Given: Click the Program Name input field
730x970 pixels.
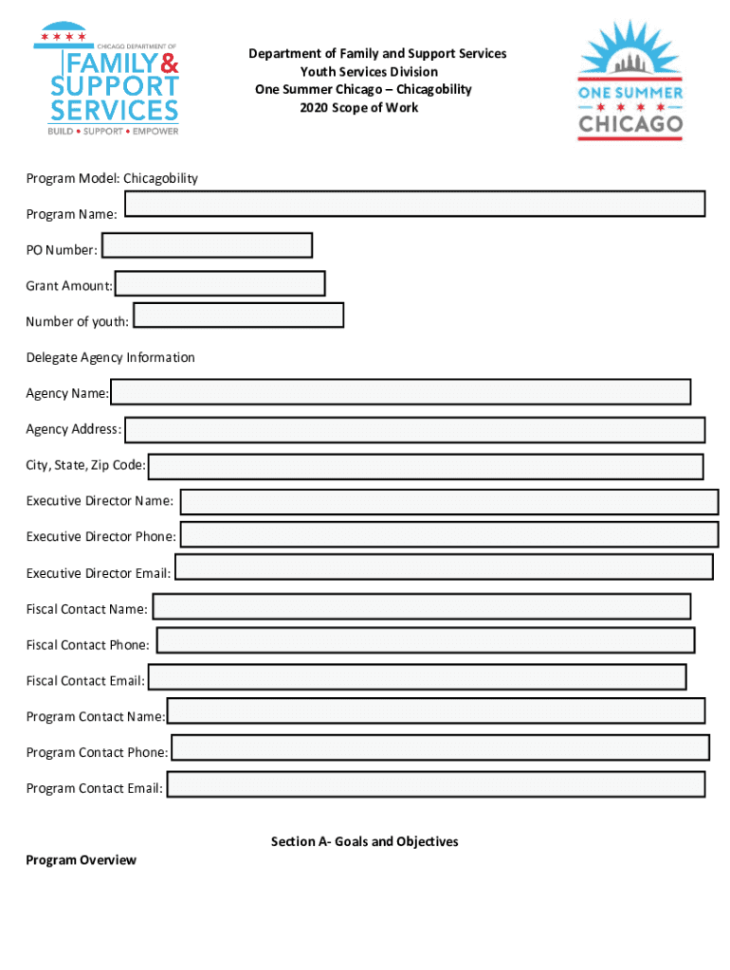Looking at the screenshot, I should click(x=415, y=204).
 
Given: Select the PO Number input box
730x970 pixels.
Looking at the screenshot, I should click(x=207, y=245).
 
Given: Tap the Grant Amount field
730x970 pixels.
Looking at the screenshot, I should click(x=220, y=283).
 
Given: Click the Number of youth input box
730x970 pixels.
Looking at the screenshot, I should click(x=239, y=315).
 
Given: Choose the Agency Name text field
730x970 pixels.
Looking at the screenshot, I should click(x=400, y=392).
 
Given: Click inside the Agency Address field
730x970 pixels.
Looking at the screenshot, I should click(x=415, y=430).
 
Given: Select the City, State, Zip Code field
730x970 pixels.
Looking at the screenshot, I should click(x=426, y=467).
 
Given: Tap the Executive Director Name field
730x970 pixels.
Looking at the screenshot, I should click(x=449, y=502).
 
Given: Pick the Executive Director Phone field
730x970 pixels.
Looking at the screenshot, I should click(x=449, y=534).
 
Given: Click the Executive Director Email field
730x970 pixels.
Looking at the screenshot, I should click(x=444, y=567).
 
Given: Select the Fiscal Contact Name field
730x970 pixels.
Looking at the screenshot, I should click(x=422, y=607).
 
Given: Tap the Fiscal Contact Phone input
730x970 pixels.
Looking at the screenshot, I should click(x=426, y=640).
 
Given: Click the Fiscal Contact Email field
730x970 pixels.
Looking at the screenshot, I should click(x=417, y=677).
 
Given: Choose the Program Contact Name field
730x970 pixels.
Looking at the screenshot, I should click(x=436, y=711).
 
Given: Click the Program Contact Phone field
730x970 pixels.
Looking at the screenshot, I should click(x=440, y=747).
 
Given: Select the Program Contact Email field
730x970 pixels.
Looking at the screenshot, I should click(x=436, y=784).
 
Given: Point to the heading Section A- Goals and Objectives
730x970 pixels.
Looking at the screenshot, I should click(x=365, y=841).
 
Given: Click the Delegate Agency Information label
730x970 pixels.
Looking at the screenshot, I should click(x=110, y=357).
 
